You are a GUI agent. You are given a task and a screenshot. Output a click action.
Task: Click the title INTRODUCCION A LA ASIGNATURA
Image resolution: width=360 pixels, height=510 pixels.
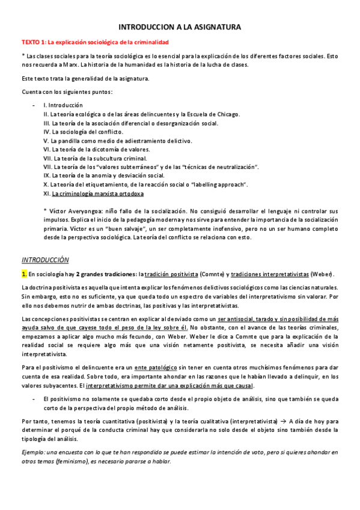(180, 28)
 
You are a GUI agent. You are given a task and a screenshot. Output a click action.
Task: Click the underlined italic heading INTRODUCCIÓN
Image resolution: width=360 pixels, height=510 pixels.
(44, 259)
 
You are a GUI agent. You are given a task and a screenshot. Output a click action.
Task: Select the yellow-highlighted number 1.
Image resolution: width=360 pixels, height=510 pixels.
(24, 274)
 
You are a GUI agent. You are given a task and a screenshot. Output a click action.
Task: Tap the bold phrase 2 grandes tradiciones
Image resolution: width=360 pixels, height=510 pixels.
(106, 274)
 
